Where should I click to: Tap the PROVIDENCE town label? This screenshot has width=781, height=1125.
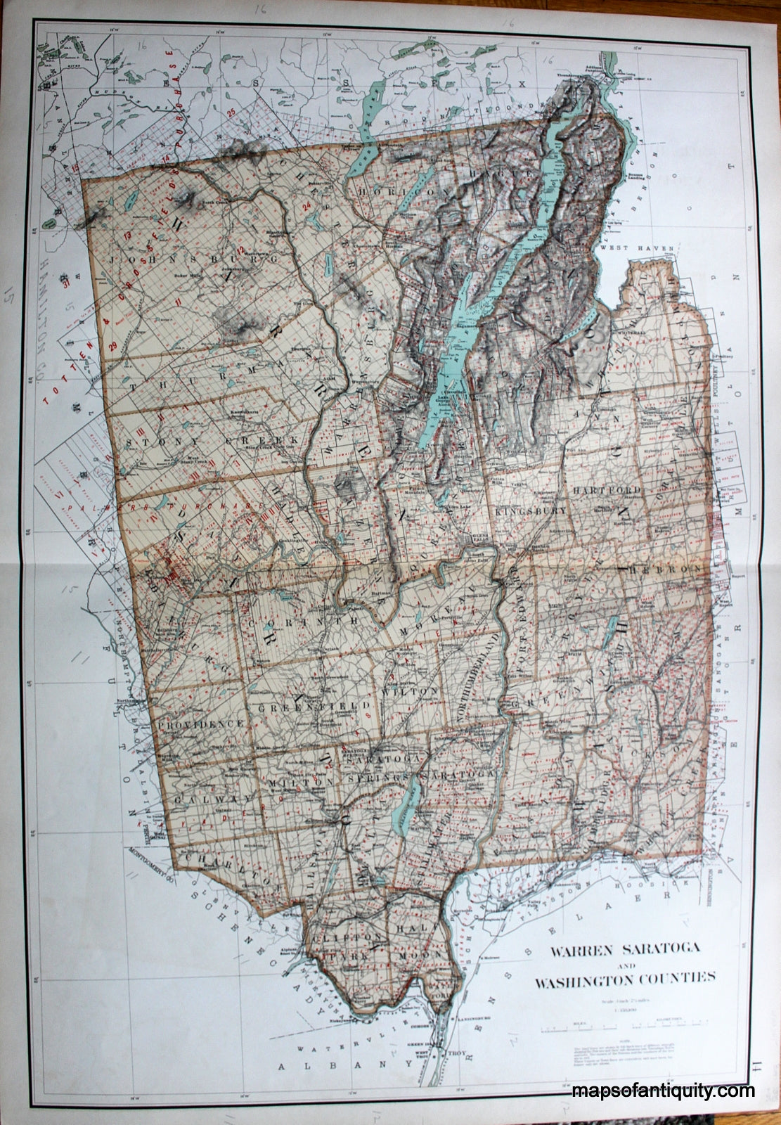[x=200, y=724]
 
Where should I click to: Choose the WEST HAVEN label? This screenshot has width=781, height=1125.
[x=637, y=248]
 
